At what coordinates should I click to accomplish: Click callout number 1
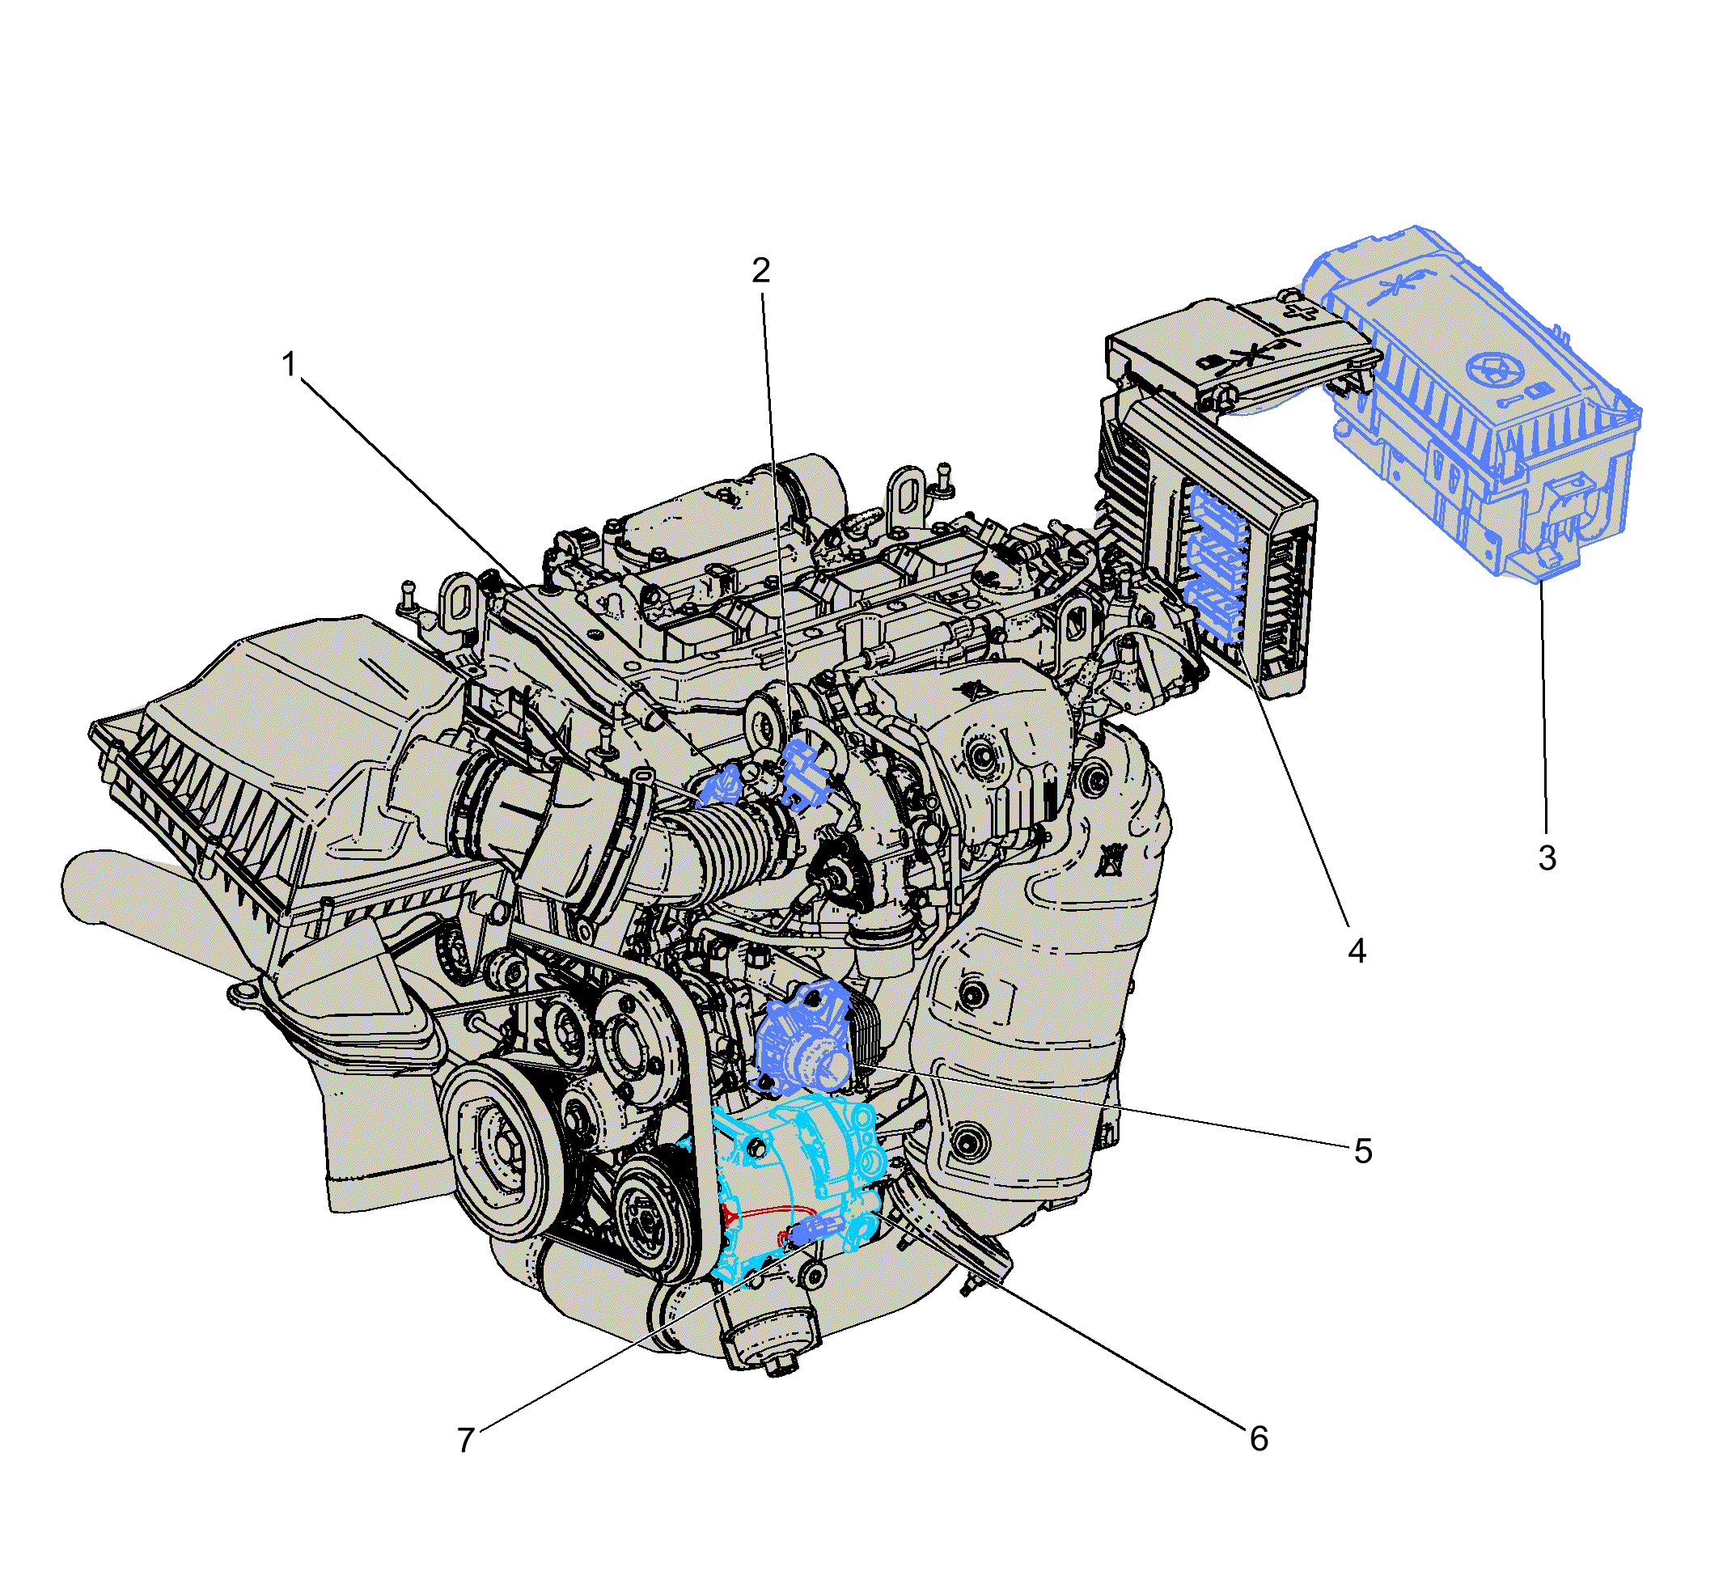click(x=290, y=364)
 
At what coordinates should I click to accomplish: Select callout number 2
click(x=760, y=270)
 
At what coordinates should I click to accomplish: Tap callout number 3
click(x=1547, y=858)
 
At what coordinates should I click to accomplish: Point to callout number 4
click(x=1357, y=951)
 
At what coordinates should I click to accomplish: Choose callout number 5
click(x=1363, y=1151)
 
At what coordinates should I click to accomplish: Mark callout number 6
click(x=1259, y=1438)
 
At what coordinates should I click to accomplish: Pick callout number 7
click(x=466, y=1441)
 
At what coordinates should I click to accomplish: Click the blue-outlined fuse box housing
click(x=1473, y=405)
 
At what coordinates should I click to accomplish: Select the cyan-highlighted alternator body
click(x=797, y=1184)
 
